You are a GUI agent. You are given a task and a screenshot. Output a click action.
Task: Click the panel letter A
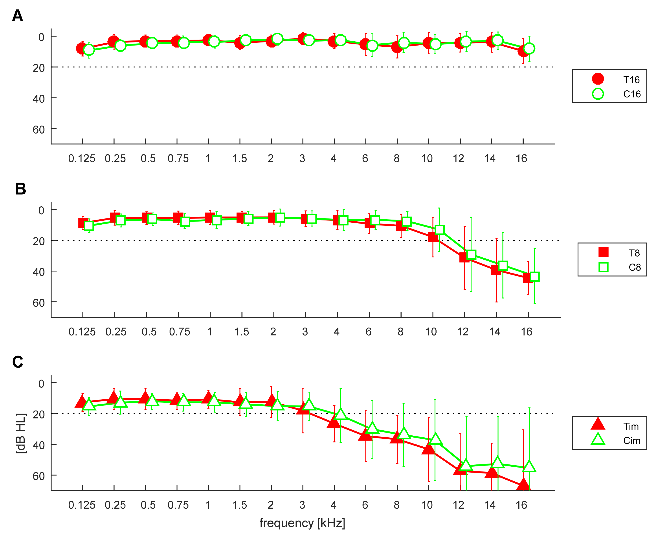[x=17, y=16]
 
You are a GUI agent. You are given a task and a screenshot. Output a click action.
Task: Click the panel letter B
[x=20, y=189]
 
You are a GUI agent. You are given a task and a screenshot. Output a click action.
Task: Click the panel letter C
[x=18, y=362]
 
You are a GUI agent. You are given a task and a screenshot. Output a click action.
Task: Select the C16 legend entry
[x=631, y=94]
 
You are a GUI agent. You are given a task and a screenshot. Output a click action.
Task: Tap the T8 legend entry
[x=634, y=253]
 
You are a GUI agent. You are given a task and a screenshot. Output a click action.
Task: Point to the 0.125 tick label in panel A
[x=82, y=159]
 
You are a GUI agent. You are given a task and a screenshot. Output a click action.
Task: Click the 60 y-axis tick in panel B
[x=39, y=303]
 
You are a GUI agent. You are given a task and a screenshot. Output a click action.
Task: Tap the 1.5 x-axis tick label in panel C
[x=239, y=505]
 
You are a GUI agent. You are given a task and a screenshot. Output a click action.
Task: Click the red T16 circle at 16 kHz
[x=523, y=51]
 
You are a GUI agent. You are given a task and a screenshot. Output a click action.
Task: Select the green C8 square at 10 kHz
[x=439, y=230]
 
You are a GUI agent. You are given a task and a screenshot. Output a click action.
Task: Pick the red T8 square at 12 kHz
[x=464, y=257]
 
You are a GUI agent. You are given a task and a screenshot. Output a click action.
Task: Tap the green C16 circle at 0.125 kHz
[x=89, y=50]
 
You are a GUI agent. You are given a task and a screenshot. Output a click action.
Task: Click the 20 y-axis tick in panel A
[x=39, y=68]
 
